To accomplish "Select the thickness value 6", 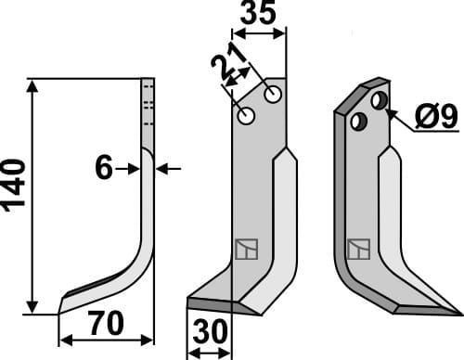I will coord(103,168).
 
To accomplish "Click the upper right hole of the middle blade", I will coord(273,95).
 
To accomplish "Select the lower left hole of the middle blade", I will coord(247,116).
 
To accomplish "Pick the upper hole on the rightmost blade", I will coord(379,99).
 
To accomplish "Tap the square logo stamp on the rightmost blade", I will coord(357,249).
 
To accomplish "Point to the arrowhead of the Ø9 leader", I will coord(390,110).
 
